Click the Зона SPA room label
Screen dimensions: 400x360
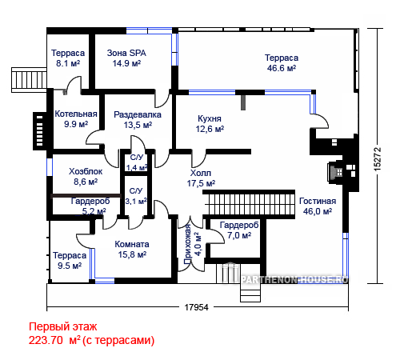click(x=126, y=53)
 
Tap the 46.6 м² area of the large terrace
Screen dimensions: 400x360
click(x=282, y=68)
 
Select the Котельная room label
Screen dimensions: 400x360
click(x=76, y=114)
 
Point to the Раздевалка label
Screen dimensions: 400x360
click(x=138, y=114)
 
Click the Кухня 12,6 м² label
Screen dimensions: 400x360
click(x=210, y=124)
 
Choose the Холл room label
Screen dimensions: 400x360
click(x=201, y=173)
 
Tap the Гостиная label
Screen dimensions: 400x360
click(x=318, y=201)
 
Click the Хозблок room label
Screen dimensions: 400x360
click(x=86, y=171)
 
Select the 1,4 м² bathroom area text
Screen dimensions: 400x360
click(x=137, y=168)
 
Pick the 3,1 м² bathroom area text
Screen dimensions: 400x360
click(x=136, y=201)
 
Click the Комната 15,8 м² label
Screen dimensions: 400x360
click(x=132, y=250)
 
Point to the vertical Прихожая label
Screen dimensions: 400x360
click(x=188, y=244)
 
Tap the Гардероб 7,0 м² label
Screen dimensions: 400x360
click(x=239, y=230)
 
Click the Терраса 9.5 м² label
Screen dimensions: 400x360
click(x=70, y=261)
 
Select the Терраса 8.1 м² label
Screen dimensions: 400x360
click(x=68, y=58)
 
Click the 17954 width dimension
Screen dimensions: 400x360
click(x=197, y=307)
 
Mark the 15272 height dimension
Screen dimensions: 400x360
click(x=378, y=159)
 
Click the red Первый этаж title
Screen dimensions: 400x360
click(x=63, y=327)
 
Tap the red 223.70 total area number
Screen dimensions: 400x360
click(x=46, y=341)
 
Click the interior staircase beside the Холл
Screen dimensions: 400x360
click(x=249, y=205)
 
